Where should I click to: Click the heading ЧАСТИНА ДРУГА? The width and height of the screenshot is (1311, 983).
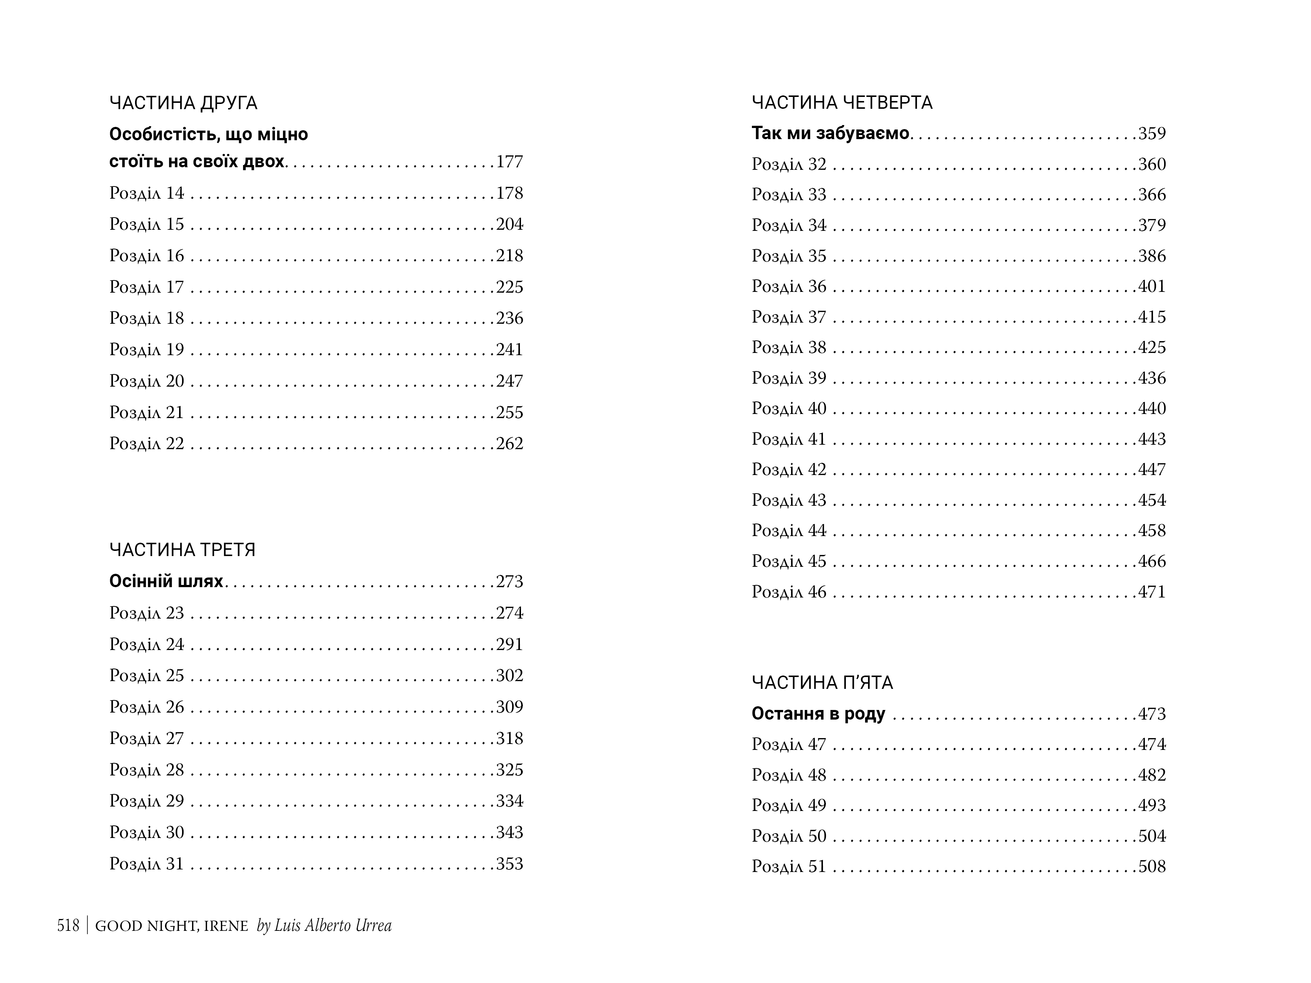click(183, 103)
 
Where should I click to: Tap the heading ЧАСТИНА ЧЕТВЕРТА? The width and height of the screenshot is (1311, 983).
click(841, 103)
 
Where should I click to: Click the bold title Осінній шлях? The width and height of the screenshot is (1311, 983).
click(166, 581)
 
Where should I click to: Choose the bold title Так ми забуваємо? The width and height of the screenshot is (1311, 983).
click(830, 133)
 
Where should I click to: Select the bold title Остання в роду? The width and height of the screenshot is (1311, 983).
click(818, 714)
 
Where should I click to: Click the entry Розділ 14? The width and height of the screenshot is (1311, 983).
click(147, 193)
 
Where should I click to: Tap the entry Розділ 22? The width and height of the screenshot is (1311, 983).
click(147, 444)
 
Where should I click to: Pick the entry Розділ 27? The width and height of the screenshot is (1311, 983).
click(147, 738)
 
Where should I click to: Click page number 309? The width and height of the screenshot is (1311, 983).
click(510, 707)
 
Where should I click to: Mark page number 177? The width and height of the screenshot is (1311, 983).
click(510, 162)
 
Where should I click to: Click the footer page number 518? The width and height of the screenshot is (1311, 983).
click(68, 926)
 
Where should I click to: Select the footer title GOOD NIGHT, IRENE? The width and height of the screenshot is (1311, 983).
click(171, 926)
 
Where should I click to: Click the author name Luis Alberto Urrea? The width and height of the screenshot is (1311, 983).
click(333, 926)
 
